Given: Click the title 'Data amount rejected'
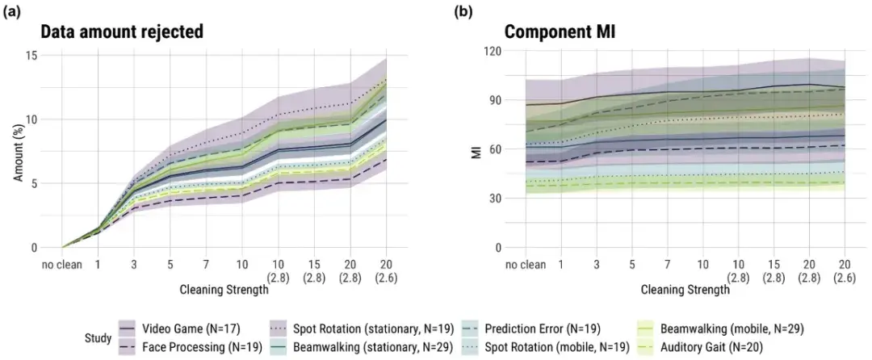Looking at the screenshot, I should pos(121,33).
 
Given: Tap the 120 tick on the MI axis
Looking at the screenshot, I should pos(491,51).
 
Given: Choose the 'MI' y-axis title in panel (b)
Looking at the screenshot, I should pos(477,149).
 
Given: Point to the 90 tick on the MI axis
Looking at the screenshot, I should pos(494,100).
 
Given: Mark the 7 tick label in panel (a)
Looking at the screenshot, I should pos(207,263).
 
